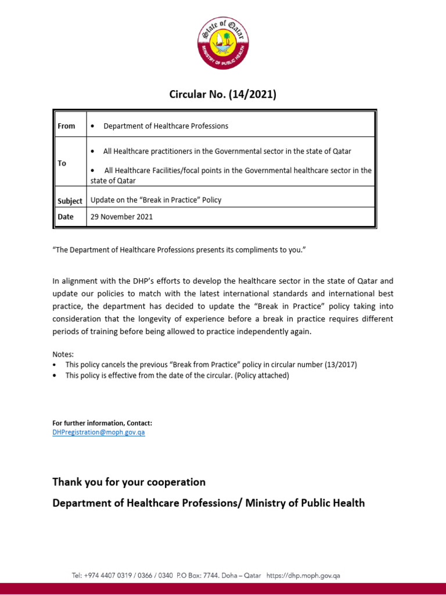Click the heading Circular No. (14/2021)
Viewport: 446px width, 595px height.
[x=222, y=94]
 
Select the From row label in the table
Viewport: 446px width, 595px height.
[x=66, y=126]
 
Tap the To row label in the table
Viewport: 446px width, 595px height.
[x=62, y=163]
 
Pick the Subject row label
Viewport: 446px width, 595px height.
[x=70, y=200]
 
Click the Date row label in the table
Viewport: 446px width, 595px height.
[x=66, y=217]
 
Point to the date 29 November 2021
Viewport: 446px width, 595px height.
[x=121, y=217]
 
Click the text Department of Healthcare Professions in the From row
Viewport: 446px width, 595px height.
[x=166, y=126]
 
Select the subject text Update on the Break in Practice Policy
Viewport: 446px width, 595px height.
[x=156, y=200]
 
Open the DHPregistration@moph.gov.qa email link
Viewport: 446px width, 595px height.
[x=99, y=433]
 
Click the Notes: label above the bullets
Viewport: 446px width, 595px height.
[x=63, y=354]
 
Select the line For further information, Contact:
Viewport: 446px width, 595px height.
[x=102, y=424]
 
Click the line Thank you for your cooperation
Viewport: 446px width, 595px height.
[x=129, y=482]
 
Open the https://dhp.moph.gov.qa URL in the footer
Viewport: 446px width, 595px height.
[x=303, y=576]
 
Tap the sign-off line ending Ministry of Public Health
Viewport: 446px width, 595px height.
[x=208, y=503]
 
